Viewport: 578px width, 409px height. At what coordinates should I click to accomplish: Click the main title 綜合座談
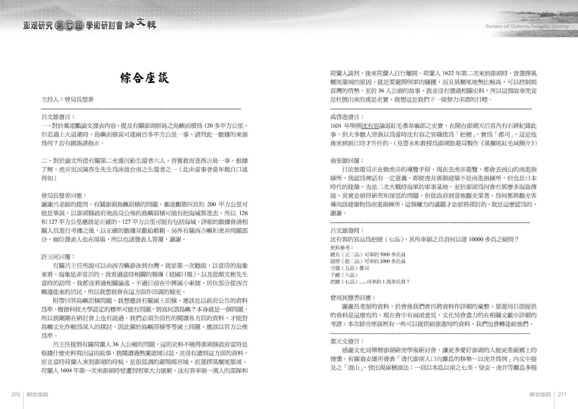click(144, 78)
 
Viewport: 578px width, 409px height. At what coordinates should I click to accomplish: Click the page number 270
click(16, 394)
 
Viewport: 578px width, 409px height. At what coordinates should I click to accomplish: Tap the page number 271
click(562, 394)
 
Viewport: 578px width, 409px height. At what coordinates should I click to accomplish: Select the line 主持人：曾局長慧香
click(68, 100)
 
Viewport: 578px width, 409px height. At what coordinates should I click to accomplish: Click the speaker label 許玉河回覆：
click(58, 257)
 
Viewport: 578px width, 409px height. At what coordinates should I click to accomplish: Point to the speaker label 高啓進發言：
click(347, 117)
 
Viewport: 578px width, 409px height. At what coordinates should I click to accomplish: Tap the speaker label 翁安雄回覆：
click(347, 161)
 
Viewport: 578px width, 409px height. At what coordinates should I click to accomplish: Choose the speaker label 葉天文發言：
click(347, 342)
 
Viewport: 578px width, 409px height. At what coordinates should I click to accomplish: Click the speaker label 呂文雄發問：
click(347, 231)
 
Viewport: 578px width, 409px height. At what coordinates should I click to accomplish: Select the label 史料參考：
click(342, 248)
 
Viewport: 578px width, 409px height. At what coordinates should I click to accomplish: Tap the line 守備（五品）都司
click(350, 268)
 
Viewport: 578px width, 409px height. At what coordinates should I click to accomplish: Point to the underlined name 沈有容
click(370, 126)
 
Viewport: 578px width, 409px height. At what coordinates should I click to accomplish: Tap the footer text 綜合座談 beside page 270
click(38, 394)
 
